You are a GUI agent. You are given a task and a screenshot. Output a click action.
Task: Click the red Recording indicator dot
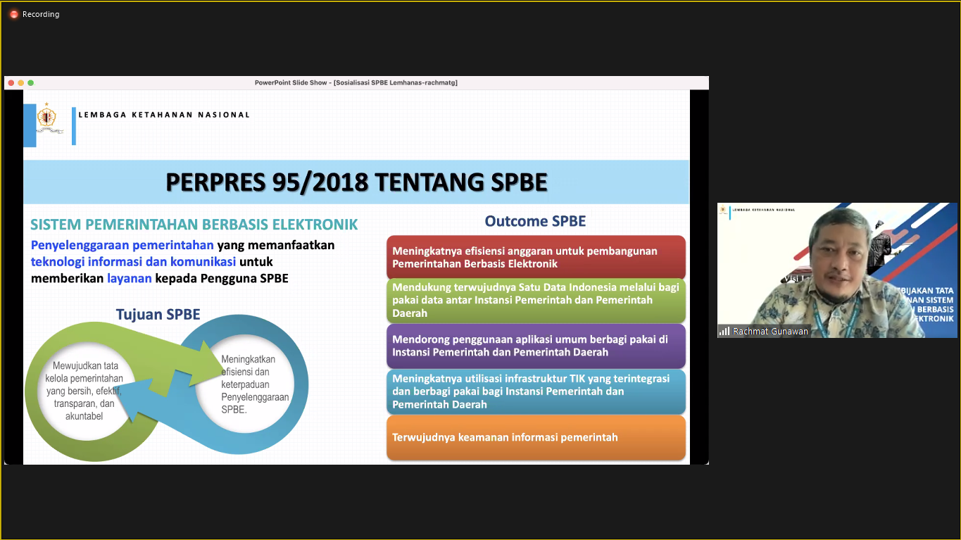point(14,15)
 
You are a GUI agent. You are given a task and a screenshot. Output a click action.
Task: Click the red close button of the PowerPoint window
point(11,83)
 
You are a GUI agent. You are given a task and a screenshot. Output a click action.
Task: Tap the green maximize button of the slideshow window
point(31,83)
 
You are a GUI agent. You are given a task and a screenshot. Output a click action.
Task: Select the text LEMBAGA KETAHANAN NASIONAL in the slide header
point(164,115)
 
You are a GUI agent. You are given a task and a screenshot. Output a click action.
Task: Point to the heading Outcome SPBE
point(535,221)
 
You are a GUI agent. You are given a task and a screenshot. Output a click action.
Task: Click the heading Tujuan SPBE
point(158,315)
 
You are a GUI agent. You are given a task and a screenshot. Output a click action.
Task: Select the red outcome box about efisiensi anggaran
point(536,257)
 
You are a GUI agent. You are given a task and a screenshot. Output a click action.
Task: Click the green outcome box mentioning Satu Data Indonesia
point(536,300)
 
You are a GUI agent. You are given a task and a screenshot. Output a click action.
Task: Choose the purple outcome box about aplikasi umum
point(536,346)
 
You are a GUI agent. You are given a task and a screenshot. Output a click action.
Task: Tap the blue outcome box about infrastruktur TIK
point(536,391)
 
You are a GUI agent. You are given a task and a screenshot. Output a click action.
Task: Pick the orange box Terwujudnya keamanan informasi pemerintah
point(536,437)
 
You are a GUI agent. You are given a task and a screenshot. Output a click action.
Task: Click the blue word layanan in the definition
point(129,278)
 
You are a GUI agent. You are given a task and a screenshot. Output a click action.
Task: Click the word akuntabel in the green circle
point(84,416)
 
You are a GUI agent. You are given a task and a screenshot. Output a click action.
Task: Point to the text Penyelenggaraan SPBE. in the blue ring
point(255,403)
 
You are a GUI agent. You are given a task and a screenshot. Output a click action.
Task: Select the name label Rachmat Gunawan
point(770,331)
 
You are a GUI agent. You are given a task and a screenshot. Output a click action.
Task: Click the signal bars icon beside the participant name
point(724,331)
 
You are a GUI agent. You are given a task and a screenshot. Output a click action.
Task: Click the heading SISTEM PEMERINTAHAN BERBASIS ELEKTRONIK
point(194,225)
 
